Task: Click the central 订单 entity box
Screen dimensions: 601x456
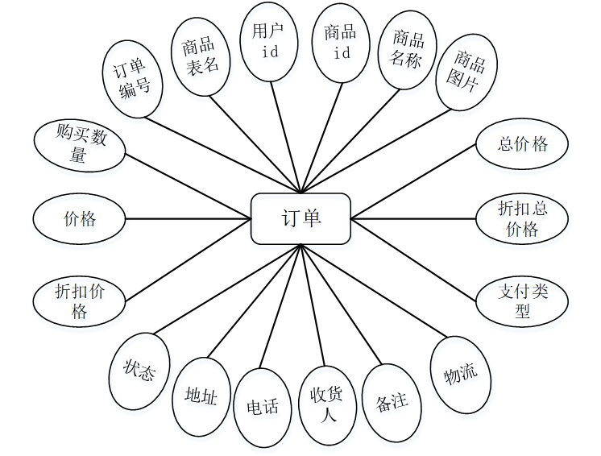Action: tap(300, 218)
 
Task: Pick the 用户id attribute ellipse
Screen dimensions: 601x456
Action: tap(269, 41)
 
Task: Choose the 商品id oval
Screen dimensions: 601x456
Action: tap(341, 42)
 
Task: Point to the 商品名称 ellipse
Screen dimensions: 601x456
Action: tap(407, 49)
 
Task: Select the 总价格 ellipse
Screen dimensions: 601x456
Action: tap(522, 145)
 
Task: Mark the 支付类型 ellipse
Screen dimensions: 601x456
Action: tap(522, 301)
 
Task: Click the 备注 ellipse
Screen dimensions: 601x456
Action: tap(392, 401)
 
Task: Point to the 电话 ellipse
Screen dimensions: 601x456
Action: tap(263, 407)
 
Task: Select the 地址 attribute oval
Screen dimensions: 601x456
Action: tap(201, 396)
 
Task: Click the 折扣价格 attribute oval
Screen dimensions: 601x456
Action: tap(79, 301)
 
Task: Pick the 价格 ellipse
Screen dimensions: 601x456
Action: tap(79, 218)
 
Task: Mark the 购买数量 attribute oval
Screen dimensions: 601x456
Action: tap(79, 145)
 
